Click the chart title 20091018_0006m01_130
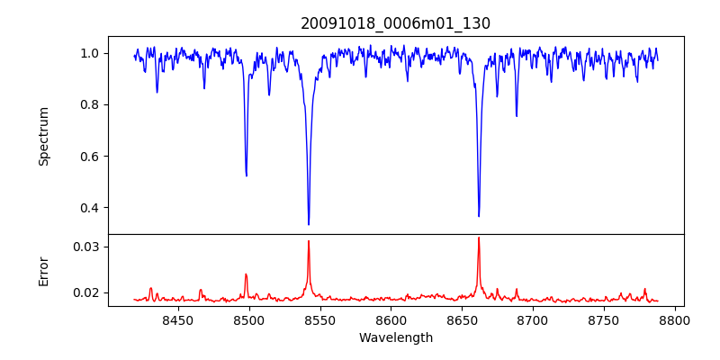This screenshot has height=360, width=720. [x=395, y=23]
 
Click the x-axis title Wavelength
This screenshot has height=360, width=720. [x=395, y=338]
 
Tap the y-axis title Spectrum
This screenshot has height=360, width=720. [x=44, y=136]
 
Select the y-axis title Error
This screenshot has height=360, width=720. [x=44, y=270]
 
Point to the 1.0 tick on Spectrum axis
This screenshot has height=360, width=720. [x=90, y=53]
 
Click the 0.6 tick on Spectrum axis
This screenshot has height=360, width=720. [x=90, y=157]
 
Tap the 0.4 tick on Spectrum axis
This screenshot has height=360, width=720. [x=90, y=208]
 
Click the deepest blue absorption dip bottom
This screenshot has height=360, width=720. [x=309, y=224]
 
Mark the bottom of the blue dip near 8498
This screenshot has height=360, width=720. [x=247, y=175]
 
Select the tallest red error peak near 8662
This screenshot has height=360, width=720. [x=479, y=238]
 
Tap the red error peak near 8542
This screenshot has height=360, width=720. [x=309, y=241]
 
